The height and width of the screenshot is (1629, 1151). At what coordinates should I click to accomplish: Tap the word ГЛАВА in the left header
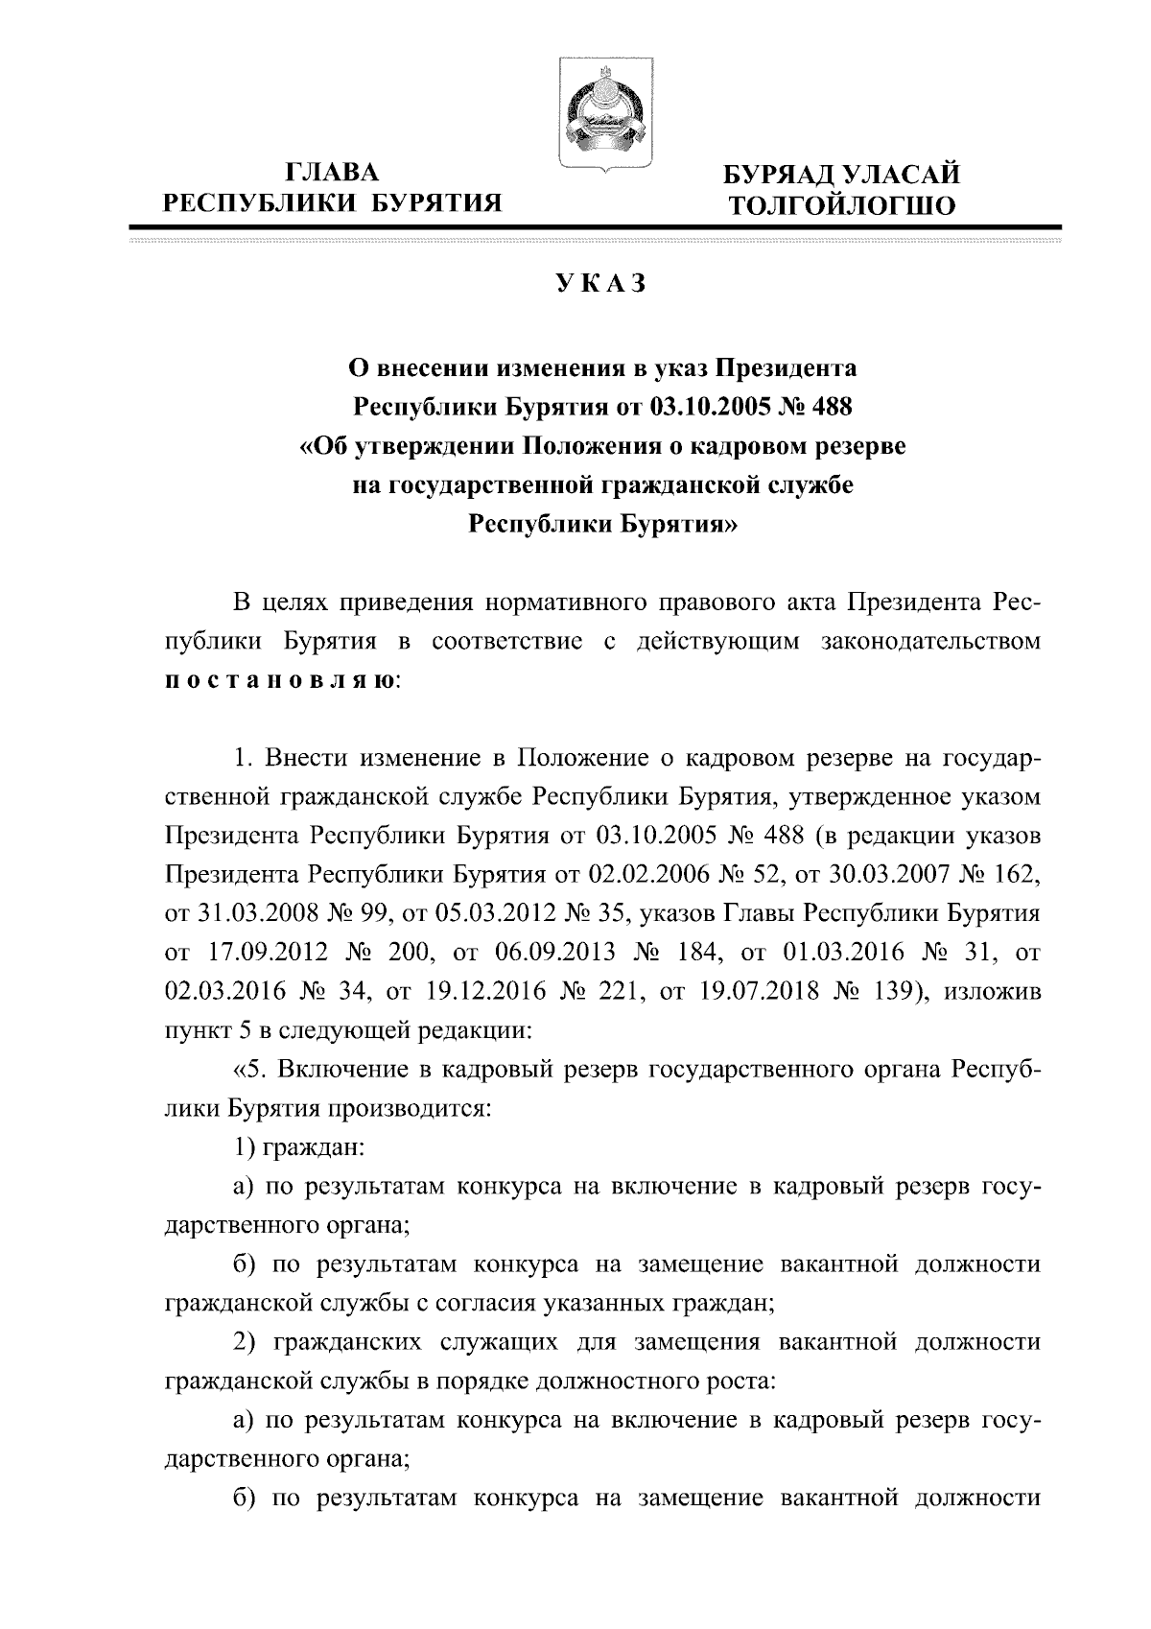point(333,174)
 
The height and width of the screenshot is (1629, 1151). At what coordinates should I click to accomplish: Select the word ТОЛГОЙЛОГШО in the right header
point(842,205)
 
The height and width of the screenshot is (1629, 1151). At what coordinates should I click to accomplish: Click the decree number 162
point(1016,874)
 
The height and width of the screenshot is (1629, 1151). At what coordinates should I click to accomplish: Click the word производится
point(414,1110)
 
